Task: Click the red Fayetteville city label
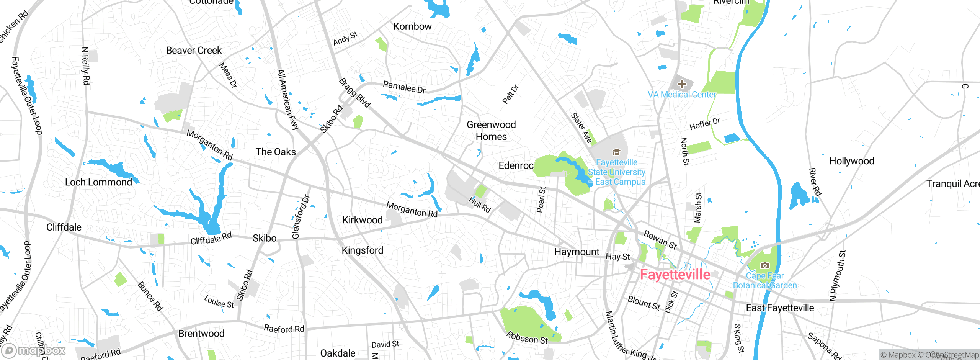(x=675, y=275)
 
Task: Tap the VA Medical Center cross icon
(x=682, y=84)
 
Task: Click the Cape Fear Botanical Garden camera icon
(x=764, y=265)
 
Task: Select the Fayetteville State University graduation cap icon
(x=616, y=152)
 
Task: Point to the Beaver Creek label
(x=194, y=51)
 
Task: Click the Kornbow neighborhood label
(x=412, y=26)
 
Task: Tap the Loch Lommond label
(x=98, y=182)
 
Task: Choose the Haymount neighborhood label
(x=577, y=252)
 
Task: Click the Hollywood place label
(x=851, y=161)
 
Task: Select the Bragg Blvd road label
(x=355, y=93)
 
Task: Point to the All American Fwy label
(x=288, y=100)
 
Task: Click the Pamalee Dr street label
(x=404, y=87)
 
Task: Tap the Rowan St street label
(x=660, y=240)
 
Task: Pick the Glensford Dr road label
(x=301, y=217)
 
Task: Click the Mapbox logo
(x=34, y=350)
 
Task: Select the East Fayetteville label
(x=780, y=308)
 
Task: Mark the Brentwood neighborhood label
(x=201, y=334)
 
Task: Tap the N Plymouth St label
(x=837, y=276)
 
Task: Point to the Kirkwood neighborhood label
(x=362, y=220)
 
